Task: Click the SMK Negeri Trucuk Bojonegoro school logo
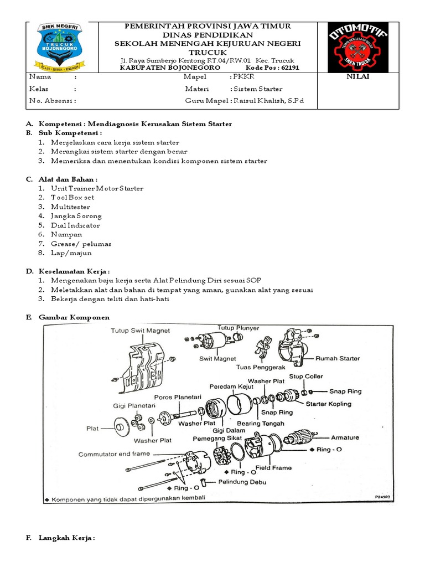pyautogui.click(x=58, y=48)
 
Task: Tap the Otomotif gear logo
pyautogui.click(x=358, y=47)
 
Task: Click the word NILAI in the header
pyautogui.click(x=357, y=77)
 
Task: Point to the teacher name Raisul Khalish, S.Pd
pyautogui.click(x=268, y=101)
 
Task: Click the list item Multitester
pyautogui.click(x=73, y=207)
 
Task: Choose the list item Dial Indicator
pyautogui.click(x=75, y=225)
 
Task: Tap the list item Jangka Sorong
pyautogui.click(x=76, y=216)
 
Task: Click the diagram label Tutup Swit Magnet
pyautogui.click(x=141, y=331)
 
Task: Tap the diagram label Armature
pyautogui.click(x=345, y=437)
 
